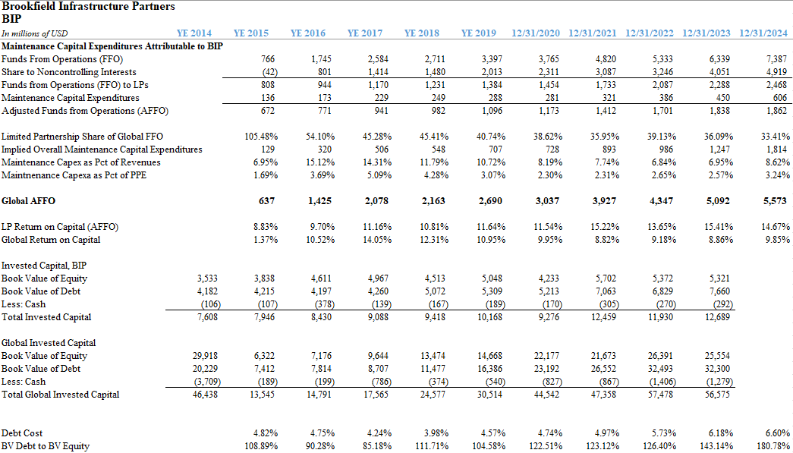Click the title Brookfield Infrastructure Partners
[89, 7]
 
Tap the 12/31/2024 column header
[763, 34]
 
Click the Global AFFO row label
[28, 201]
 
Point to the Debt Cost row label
[22, 433]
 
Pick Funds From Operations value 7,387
[777, 60]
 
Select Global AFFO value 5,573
[776, 201]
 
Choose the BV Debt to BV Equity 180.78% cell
[773, 446]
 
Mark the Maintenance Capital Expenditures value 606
[780, 98]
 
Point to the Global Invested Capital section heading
[49, 343]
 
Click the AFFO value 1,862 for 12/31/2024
[777, 111]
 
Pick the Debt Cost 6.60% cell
[776, 433]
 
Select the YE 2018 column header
[422, 34]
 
